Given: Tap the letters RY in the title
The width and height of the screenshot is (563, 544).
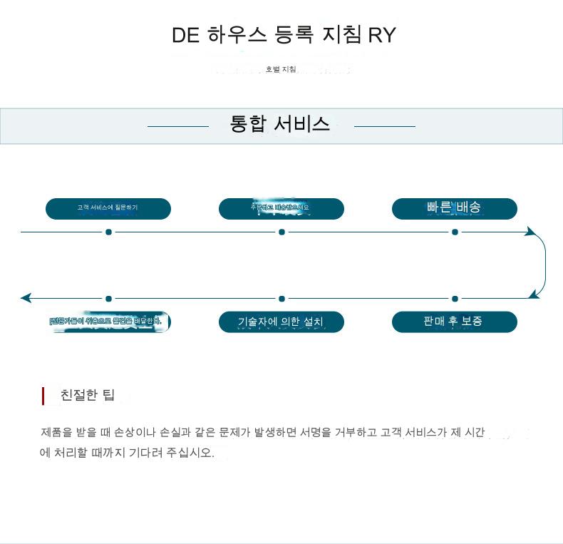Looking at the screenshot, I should tap(381, 35).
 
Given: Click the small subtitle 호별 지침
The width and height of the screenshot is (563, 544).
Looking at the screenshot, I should tap(281, 69).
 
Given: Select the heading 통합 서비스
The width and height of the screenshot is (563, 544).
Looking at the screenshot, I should tap(279, 124).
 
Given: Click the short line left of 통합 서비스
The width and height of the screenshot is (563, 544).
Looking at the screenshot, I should tap(177, 126).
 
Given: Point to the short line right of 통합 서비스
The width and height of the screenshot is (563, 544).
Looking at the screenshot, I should tap(384, 126).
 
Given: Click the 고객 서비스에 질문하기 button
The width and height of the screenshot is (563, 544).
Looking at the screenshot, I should tap(108, 208).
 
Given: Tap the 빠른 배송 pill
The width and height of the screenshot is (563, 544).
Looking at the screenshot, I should tap(454, 208).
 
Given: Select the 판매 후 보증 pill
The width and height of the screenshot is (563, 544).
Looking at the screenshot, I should tap(454, 322).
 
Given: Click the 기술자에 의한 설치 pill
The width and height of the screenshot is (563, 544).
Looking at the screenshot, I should tap(281, 322).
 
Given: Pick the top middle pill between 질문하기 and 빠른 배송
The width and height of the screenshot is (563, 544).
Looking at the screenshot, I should tap(281, 208).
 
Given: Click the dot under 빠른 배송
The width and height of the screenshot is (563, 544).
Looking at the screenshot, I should tap(455, 232).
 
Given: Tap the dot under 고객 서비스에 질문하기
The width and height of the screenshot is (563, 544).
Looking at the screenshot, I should tap(108, 232).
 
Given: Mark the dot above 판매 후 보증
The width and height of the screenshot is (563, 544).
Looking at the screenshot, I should tap(455, 298).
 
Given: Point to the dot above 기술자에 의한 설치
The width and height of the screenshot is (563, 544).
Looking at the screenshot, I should tap(281, 298).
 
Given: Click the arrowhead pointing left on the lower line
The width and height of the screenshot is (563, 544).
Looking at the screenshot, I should tap(26, 298).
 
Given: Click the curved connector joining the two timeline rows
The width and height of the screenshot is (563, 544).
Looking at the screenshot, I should tap(544, 265).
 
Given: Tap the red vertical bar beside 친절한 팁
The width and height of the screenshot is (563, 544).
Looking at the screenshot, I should tap(43, 396).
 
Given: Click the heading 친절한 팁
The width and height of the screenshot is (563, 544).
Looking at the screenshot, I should tap(88, 395).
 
